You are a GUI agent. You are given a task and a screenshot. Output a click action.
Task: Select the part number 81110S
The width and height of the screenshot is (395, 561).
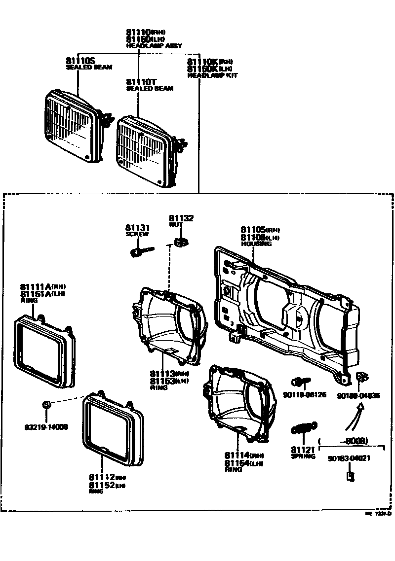(x=81, y=60)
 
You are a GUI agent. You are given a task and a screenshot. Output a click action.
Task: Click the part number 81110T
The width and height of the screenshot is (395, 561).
(x=141, y=81)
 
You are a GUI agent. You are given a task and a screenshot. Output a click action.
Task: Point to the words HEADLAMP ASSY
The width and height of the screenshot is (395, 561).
(x=154, y=45)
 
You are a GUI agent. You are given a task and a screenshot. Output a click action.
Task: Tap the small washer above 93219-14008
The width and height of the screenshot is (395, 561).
(x=46, y=405)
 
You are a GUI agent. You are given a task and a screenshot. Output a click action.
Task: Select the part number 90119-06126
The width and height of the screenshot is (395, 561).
(x=304, y=394)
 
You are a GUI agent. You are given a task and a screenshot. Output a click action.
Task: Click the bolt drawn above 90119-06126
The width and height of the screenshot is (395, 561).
(x=300, y=381)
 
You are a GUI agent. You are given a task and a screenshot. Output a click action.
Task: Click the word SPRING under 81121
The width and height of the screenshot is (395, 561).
(x=303, y=456)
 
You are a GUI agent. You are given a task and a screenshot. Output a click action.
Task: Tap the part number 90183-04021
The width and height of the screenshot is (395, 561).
(x=349, y=458)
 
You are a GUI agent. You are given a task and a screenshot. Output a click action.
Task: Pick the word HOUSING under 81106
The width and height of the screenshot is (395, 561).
(x=256, y=244)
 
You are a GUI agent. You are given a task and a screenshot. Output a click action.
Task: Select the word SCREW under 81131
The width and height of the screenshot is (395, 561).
(x=137, y=234)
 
